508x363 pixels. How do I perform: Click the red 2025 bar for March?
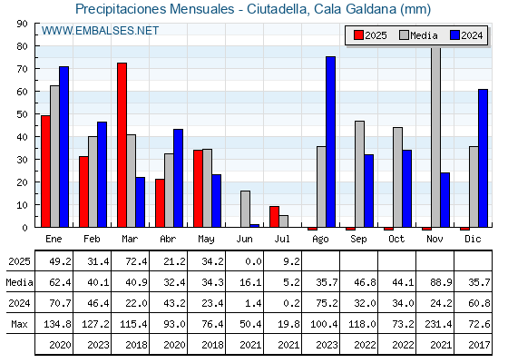click(x=122, y=145)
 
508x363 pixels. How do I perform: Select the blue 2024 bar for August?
click(x=331, y=142)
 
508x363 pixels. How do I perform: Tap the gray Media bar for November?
click(x=435, y=137)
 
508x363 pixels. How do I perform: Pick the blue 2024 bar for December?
click(x=483, y=158)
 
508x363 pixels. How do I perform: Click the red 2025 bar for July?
click(x=274, y=217)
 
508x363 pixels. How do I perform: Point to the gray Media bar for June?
click(x=245, y=209)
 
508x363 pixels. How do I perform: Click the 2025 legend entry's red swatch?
click(x=358, y=35)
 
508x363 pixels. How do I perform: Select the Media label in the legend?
click(x=424, y=35)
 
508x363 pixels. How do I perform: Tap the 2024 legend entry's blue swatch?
click(x=454, y=35)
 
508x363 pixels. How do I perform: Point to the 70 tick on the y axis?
click(x=36, y=69)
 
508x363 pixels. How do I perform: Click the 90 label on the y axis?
click(x=23, y=24)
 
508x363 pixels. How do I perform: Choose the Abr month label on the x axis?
click(x=168, y=240)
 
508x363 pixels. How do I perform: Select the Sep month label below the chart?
click(x=358, y=240)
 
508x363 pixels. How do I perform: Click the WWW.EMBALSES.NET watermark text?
click(x=100, y=31)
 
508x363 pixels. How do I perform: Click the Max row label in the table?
click(x=19, y=324)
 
